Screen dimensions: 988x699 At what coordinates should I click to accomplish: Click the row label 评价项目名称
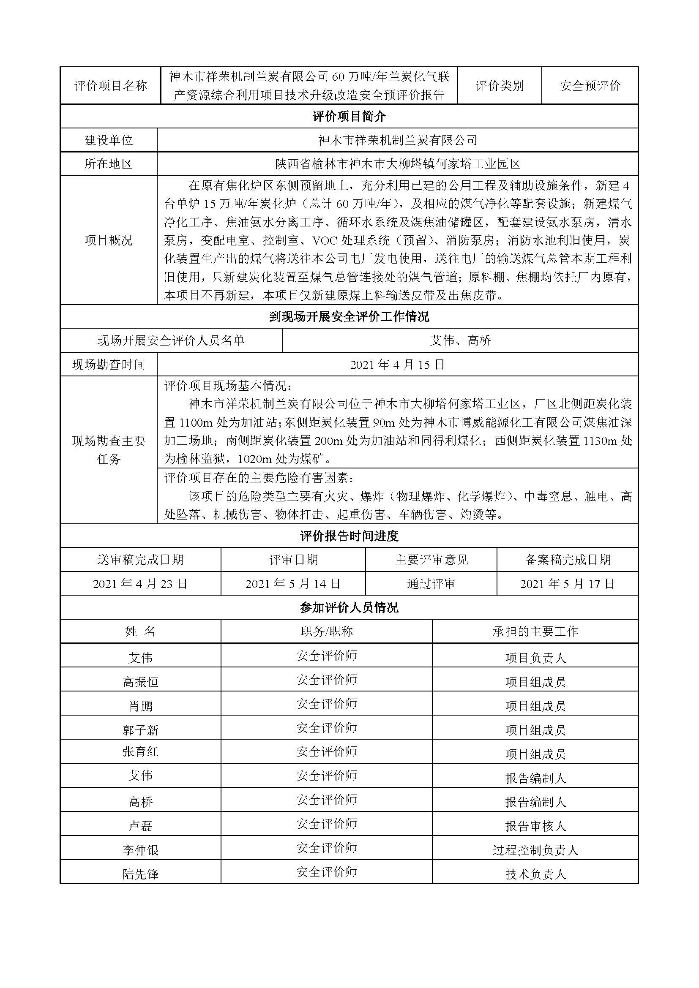pyautogui.click(x=111, y=86)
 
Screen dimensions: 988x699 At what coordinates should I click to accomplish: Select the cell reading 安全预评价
pyautogui.click(x=590, y=86)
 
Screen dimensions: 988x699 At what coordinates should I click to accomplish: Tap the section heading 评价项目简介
pyautogui.click(x=349, y=116)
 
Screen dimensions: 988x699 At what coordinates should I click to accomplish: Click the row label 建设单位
pyautogui.click(x=109, y=140)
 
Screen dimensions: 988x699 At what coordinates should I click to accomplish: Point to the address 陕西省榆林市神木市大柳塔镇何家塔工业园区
pyautogui.click(x=398, y=164)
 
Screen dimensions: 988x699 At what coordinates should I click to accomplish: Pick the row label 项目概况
pyautogui.click(x=109, y=240)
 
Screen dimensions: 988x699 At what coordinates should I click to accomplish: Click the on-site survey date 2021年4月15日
pyautogui.click(x=397, y=365)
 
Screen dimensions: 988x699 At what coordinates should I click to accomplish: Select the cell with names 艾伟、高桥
pyautogui.click(x=460, y=340)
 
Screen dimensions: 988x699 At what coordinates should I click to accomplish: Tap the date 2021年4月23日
pyautogui.click(x=140, y=583)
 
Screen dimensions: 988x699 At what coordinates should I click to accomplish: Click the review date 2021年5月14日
pyautogui.click(x=293, y=583)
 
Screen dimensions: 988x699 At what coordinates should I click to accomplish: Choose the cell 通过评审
pyautogui.click(x=431, y=583)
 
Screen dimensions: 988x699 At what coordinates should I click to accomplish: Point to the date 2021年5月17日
pyautogui.click(x=567, y=583)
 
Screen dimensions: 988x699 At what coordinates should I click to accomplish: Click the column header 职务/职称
pyautogui.click(x=327, y=631)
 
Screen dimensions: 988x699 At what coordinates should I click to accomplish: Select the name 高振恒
pyautogui.click(x=140, y=682)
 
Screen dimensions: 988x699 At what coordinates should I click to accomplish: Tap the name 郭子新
pyautogui.click(x=140, y=730)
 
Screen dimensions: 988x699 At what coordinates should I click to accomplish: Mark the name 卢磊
pyautogui.click(x=140, y=826)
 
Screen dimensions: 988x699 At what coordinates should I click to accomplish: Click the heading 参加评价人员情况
pyautogui.click(x=349, y=607)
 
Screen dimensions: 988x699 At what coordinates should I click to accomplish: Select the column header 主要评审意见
pyautogui.click(x=431, y=559)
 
